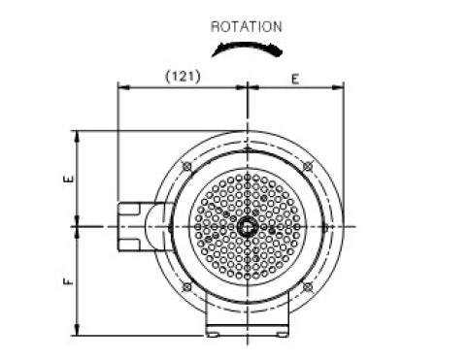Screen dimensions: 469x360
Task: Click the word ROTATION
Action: click(x=247, y=27)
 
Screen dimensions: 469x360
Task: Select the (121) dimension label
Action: click(x=183, y=77)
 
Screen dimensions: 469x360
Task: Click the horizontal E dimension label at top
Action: click(x=295, y=80)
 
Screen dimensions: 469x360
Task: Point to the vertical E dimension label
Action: click(x=69, y=179)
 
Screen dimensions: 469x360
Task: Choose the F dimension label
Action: click(x=69, y=281)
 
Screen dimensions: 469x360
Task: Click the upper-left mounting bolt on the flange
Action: click(x=187, y=167)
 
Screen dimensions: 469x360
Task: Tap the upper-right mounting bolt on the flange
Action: click(x=308, y=167)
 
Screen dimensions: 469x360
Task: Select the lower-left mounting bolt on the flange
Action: click(x=187, y=287)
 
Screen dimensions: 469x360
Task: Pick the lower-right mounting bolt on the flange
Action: click(x=308, y=287)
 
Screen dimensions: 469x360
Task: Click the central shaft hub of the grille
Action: click(x=248, y=227)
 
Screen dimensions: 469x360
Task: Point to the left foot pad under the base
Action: click(x=213, y=335)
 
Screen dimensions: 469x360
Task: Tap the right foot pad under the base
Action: click(x=282, y=335)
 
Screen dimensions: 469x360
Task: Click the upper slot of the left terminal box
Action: click(x=128, y=209)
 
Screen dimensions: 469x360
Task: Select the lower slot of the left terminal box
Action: click(x=128, y=245)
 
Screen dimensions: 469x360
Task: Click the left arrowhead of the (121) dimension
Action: click(x=123, y=87)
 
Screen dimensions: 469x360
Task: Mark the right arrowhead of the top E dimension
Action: click(x=338, y=87)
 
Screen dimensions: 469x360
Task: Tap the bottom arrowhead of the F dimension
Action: click(x=77, y=330)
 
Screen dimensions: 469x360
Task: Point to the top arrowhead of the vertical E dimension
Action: click(x=77, y=137)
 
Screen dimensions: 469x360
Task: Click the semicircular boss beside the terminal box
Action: click(x=156, y=226)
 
